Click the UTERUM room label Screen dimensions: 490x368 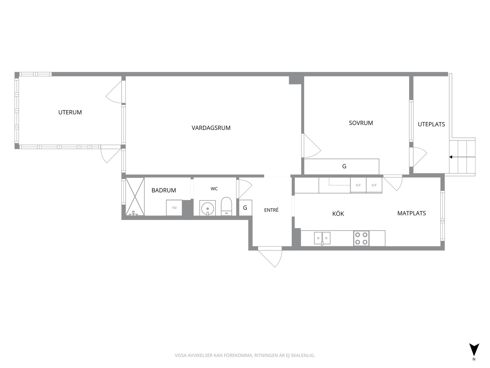[x=70, y=112]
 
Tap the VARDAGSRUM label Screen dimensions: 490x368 [x=211, y=128]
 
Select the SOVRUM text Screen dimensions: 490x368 [x=361, y=123]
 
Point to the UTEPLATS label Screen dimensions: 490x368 [x=431, y=124]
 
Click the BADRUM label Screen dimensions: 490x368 [x=164, y=190]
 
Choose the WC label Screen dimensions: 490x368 [x=214, y=189]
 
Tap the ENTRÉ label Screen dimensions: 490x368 [x=271, y=210]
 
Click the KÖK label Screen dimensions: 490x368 [x=338, y=213]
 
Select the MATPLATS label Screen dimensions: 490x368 [x=412, y=213]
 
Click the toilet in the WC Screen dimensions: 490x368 [x=226, y=206]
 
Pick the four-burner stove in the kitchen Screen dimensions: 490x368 [x=361, y=238]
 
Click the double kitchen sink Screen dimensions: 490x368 [x=322, y=238]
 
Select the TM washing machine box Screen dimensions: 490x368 [x=174, y=208]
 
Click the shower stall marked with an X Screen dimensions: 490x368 [x=135, y=197]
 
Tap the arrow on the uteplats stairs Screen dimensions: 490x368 [x=462, y=157]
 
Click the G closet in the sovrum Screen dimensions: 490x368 [x=342, y=166]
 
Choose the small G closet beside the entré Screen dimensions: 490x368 [x=246, y=208]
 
